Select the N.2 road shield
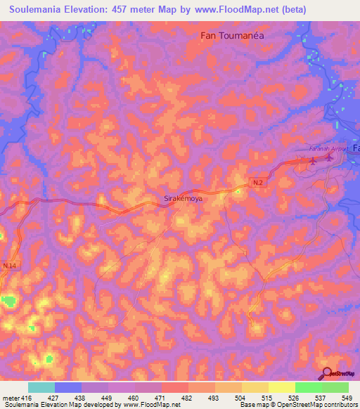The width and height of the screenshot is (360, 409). (x=258, y=183)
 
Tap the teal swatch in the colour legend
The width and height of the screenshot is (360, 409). (x=41, y=387)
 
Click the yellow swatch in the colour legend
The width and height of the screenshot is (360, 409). (x=281, y=387)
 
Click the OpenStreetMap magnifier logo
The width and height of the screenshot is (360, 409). (x=328, y=373)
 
